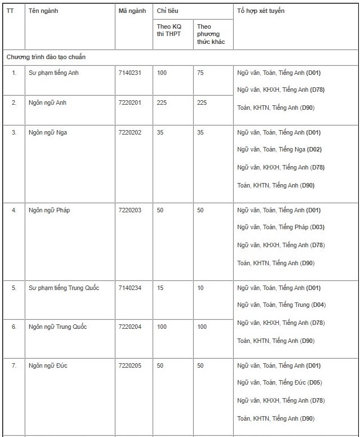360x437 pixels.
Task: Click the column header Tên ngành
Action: coord(43,11)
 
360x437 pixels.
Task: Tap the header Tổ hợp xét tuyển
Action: coord(261,11)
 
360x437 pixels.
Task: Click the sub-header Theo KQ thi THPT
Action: coord(169,30)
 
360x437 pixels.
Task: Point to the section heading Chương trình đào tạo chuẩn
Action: coord(46,57)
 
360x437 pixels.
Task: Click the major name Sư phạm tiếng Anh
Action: coord(54,73)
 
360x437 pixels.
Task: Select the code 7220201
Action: coord(131,102)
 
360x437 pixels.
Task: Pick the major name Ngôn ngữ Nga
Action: coord(48,132)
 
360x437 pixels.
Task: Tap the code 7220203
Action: coord(131,210)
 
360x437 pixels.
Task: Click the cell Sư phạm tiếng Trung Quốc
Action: coord(64,288)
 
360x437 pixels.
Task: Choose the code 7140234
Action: coord(131,288)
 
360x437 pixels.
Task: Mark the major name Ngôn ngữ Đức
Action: coord(48,365)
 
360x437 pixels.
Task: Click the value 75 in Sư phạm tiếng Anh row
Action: coord(202,73)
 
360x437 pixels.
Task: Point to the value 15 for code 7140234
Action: coord(161,288)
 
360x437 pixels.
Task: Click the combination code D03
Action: coord(317,228)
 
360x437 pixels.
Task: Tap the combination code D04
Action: coord(318,305)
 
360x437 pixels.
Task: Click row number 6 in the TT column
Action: coord(14,327)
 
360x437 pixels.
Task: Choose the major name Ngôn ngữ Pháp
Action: coord(50,210)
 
